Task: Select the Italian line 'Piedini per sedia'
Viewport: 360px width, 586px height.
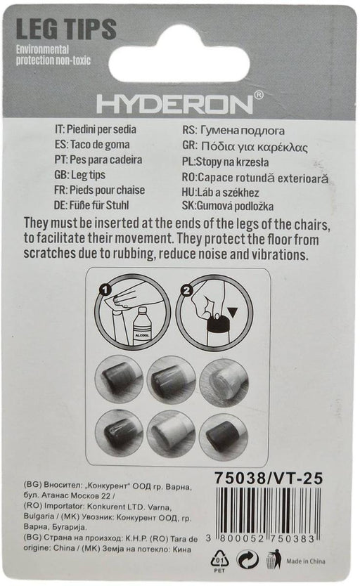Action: point(96,129)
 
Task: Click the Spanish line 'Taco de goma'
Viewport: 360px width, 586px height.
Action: point(92,145)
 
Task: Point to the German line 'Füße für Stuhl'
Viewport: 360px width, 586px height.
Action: point(91,205)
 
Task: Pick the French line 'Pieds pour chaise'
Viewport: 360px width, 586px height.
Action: point(99,190)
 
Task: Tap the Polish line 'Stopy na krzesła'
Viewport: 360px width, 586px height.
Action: point(225,162)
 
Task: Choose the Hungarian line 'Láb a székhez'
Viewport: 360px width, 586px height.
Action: point(220,193)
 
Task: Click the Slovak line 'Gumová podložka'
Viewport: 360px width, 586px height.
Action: point(228,206)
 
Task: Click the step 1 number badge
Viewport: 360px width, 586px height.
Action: point(105,289)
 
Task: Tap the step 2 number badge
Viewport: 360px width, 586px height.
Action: point(186,290)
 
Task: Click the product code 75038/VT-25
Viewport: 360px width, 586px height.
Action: point(268,478)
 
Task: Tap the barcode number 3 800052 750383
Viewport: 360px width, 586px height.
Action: point(261,538)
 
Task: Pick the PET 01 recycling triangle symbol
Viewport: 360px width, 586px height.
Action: point(220,560)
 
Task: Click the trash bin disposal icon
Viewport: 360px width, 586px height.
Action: point(274,559)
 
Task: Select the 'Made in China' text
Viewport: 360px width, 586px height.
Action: point(305,561)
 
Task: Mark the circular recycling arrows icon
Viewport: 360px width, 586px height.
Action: point(247,560)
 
